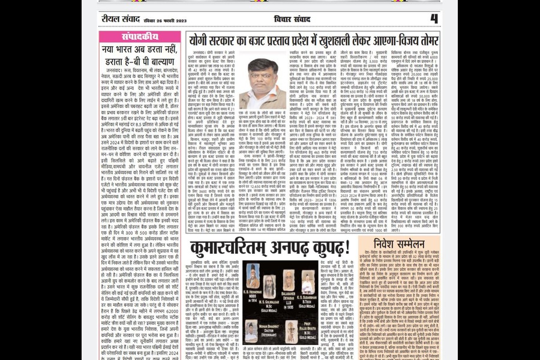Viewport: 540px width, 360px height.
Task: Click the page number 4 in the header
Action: point(434,19)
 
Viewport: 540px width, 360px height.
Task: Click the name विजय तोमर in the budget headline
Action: point(413,41)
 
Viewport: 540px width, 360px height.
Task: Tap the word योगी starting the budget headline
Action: point(202,41)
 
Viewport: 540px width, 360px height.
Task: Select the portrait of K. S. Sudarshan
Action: point(308,281)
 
